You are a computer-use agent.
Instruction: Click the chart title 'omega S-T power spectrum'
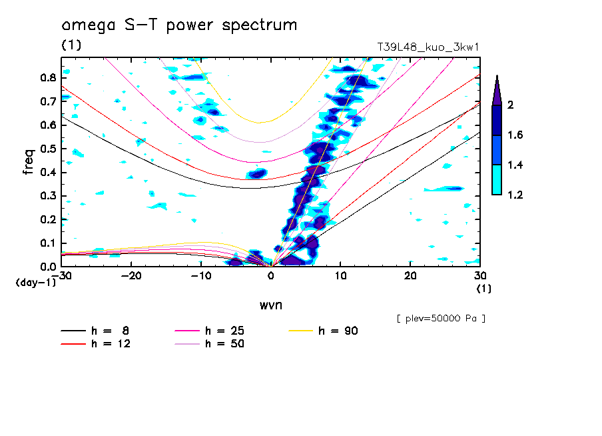pyautogui.click(x=179, y=25)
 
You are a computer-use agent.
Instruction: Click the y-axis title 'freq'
pyautogui.click(x=29, y=161)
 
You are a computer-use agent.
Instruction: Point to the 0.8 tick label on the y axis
pyautogui.click(x=48, y=77)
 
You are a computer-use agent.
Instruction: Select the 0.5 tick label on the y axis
pyautogui.click(x=48, y=149)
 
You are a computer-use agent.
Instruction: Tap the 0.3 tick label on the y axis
pyautogui.click(x=48, y=196)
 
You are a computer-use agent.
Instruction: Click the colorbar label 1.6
pyautogui.click(x=515, y=135)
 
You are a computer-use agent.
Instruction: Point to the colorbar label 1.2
pyautogui.click(x=515, y=195)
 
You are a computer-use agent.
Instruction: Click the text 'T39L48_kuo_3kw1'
pyautogui.click(x=428, y=48)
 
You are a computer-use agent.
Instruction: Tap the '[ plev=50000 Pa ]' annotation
pyautogui.click(x=440, y=319)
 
